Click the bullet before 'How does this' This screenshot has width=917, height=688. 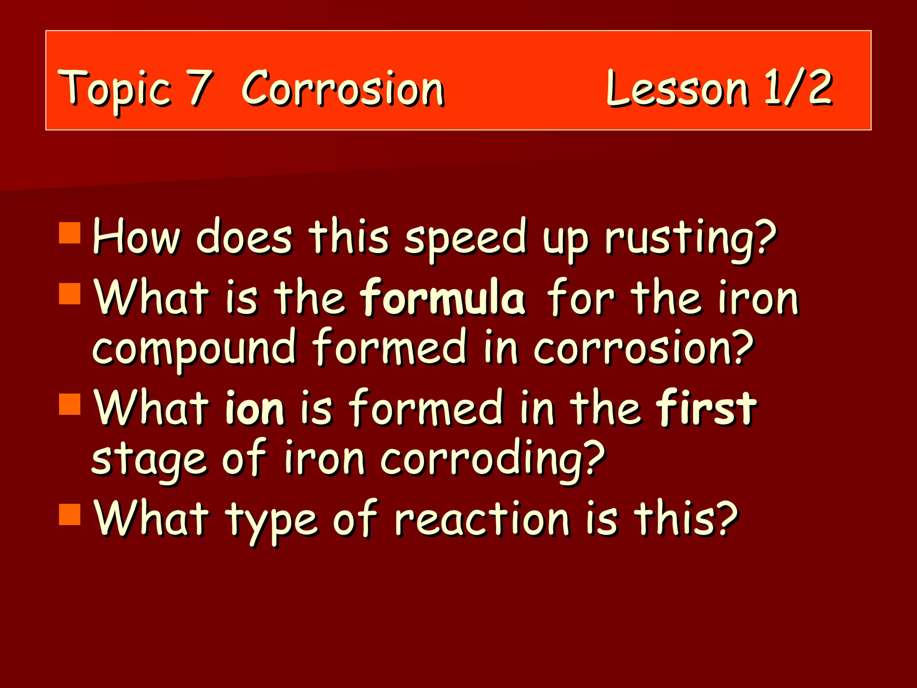(70, 233)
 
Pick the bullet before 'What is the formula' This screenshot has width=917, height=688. (70, 294)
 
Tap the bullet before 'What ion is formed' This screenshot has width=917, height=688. (70, 404)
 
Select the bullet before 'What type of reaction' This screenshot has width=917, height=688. (70, 514)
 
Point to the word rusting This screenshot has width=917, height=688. (690, 238)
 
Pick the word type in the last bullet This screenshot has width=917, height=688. (272, 521)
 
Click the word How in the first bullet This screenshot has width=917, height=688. (137, 236)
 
